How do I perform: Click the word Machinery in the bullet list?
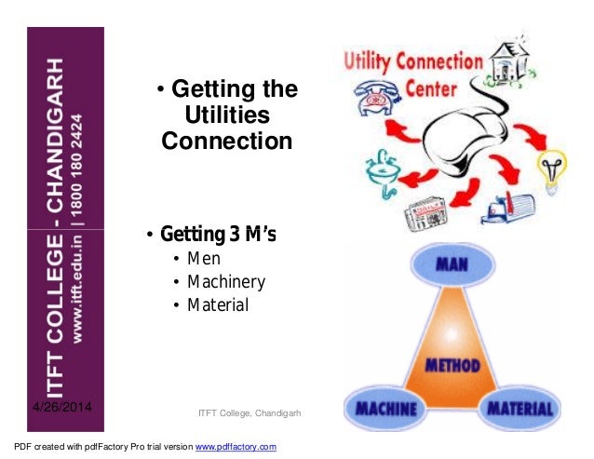(226, 281)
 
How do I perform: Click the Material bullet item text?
(218, 304)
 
